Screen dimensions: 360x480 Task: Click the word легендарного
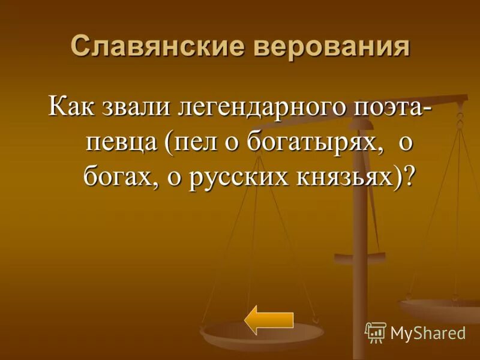(260, 110)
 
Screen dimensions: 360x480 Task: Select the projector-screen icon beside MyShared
(375, 332)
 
